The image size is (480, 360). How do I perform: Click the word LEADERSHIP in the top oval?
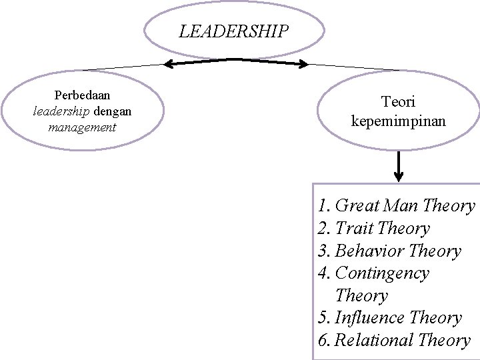[x=234, y=31]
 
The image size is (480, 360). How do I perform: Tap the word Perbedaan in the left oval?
[x=82, y=96]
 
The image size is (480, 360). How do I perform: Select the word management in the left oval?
[x=82, y=127]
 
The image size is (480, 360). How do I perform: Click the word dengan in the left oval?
[x=112, y=111]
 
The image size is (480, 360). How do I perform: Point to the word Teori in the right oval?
[x=398, y=102]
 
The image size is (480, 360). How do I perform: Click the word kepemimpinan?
[x=398, y=122]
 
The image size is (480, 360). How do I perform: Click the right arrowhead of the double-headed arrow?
[x=303, y=65]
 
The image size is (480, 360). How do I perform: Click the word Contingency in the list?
[x=382, y=273]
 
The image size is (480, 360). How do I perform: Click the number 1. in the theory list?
[x=325, y=206]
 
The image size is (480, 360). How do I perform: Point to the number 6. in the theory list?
[x=325, y=341]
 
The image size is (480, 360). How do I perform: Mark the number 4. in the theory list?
[x=325, y=273]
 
